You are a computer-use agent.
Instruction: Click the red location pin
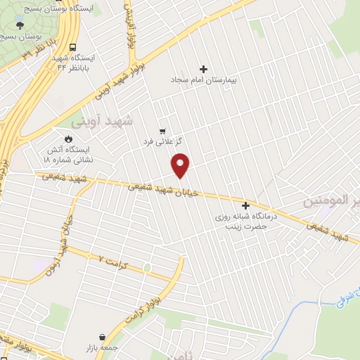[181, 164]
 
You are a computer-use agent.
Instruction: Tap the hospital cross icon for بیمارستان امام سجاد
[204, 69]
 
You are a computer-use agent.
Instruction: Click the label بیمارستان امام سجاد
[204, 81]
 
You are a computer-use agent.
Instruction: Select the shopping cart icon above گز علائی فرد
[163, 131]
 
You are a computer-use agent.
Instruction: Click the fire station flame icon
[69, 139]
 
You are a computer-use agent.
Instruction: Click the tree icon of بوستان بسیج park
[18, 26]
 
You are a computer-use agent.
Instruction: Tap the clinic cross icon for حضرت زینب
[245, 205]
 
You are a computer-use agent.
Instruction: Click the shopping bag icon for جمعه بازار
[103, 337]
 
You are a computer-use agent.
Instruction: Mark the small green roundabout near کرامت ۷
[147, 268]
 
